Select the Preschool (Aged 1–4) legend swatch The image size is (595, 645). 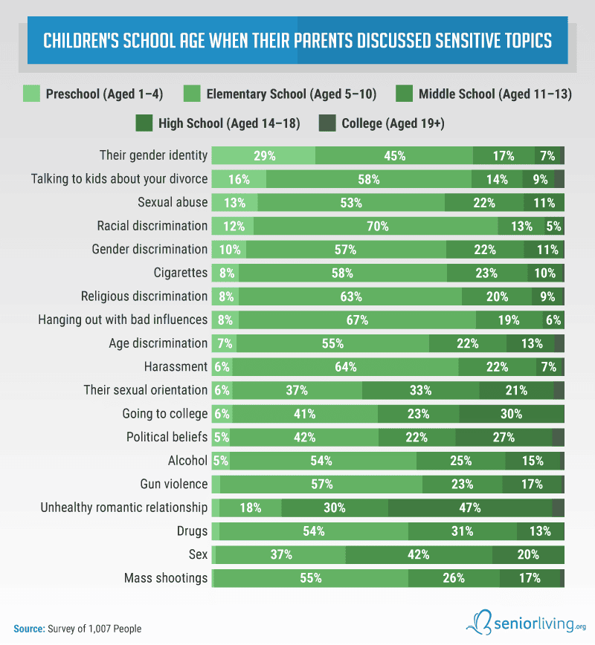(31, 94)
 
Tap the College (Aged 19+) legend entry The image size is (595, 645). (392, 123)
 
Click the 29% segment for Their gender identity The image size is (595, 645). (264, 156)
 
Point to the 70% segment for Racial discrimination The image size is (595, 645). (376, 226)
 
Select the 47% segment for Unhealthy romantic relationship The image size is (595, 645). (470, 508)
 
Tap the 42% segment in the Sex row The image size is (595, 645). (419, 554)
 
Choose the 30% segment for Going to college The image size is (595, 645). (511, 414)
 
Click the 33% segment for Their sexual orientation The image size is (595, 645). (421, 390)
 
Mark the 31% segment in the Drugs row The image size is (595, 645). (463, 531)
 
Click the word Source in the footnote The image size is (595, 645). (28, 629)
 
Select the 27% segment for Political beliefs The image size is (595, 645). (504, 437)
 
